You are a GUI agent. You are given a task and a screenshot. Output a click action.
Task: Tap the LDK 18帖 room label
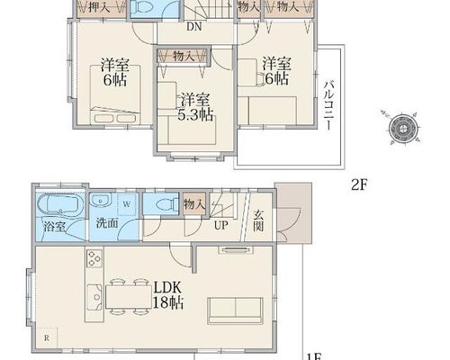tap(168, 295)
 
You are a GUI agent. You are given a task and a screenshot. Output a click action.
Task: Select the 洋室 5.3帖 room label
tap(195, 107)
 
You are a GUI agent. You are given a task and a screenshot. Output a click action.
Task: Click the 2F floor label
tap(359, 184)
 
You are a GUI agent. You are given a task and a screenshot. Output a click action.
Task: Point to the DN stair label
tap(194, 27)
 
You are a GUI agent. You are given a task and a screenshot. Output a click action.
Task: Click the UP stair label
tap(221, 225)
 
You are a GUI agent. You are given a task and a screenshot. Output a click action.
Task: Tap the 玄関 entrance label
tap(258, 220)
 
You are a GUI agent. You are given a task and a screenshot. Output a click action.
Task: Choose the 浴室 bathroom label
tap(54, 226)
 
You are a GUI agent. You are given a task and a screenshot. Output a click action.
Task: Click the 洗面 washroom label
tap(107, 223)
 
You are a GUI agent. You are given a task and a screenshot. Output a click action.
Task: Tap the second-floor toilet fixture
tap(143, 6)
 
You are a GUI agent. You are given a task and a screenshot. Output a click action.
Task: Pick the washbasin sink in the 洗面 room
tap(101, 200)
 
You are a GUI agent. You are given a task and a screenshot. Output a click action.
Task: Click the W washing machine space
tap(127, 204)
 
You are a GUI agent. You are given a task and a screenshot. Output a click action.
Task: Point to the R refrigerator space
tap(47, 338)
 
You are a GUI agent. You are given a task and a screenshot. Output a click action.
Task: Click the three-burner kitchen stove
tap(94, 258)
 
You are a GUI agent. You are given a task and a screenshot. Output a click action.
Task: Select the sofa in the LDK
tap(235, 310)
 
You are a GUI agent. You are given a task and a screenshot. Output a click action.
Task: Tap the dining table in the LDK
tap(129, 296)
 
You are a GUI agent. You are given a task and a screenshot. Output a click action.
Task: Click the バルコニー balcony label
tap(328, 105)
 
